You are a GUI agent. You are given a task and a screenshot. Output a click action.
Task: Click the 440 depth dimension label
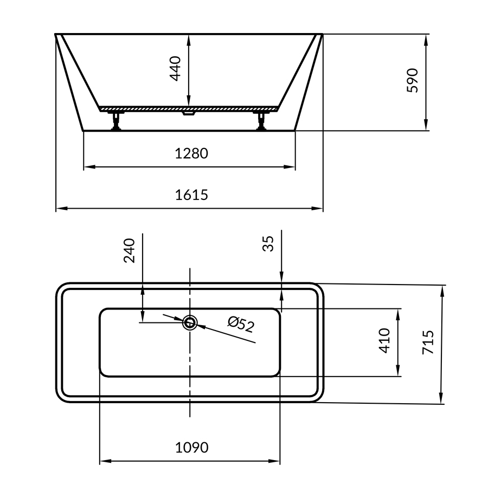pos(175,68)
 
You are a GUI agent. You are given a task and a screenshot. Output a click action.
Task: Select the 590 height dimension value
pos(413,80)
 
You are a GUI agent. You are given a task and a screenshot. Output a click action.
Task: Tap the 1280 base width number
pos(191,153)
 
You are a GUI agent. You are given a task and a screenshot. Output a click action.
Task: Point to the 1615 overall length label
pos(191,195)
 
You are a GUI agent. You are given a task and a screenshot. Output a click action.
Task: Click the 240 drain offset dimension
pos(130,251)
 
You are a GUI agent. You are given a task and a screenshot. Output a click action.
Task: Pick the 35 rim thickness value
pos(268,243)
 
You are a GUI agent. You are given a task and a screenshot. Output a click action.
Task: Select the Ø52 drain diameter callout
pos(241,324)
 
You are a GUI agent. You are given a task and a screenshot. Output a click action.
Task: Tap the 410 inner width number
pos(384,340)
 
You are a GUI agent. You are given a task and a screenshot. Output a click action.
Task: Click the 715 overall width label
pos(428,343)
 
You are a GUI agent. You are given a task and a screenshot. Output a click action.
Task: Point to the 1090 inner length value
pos(192,448)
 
